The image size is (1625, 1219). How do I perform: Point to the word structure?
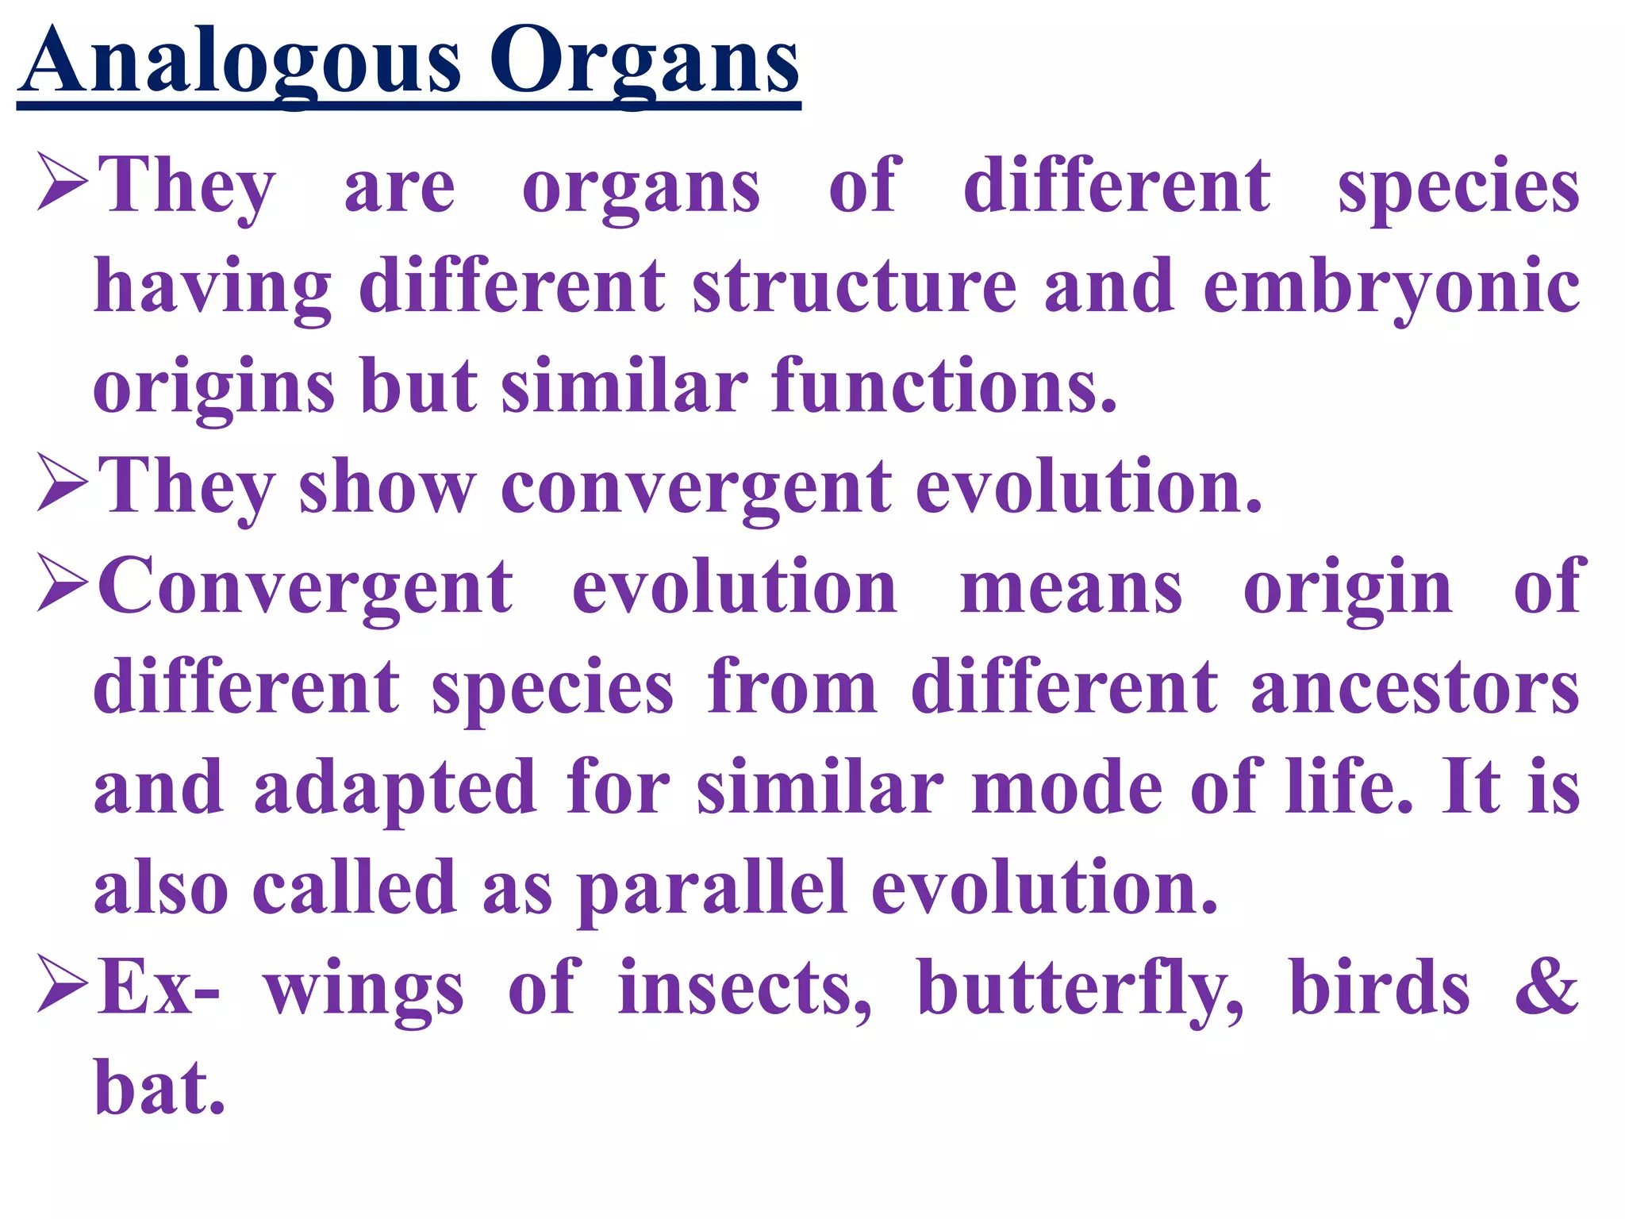(x=855, y=286)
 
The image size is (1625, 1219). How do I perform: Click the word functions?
(x=944, y=386)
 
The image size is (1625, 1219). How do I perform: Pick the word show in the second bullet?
(x=387, y=487)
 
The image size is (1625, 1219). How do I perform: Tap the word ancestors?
(x=1416, y=689)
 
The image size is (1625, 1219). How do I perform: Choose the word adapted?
(x=394, y=789)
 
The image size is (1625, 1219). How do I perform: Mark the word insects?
(x=745, y=988)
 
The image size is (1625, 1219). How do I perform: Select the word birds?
(x=1380, y=988)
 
